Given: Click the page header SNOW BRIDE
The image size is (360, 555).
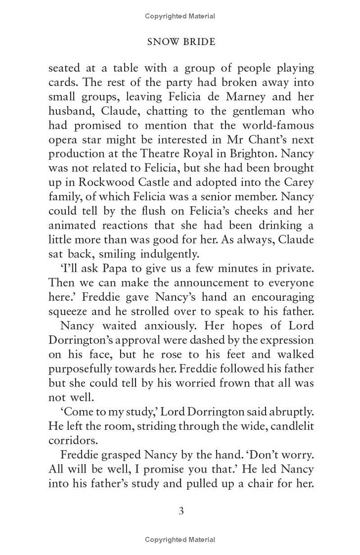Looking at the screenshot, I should coord(181,42).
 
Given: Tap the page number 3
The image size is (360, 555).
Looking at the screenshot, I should coord(181,511).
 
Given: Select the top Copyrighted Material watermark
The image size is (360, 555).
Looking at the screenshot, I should coord(180,16).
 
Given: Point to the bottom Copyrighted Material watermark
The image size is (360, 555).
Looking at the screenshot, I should coord(180,539).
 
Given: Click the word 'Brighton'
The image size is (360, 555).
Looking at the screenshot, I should coord(252,153).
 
